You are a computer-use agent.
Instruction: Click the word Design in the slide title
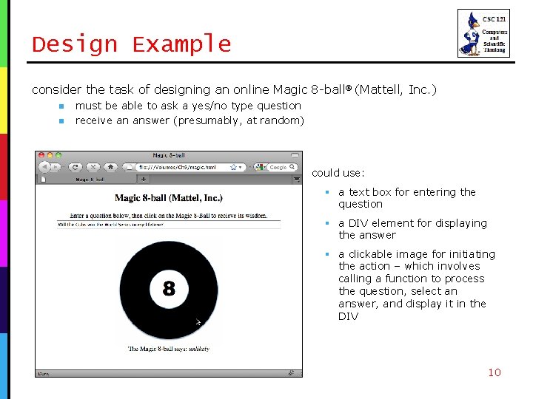75,44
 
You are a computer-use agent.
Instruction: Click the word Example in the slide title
181,44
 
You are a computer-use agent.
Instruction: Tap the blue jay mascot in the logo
470,33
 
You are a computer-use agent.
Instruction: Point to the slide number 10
494,372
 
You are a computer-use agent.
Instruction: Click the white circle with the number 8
169,288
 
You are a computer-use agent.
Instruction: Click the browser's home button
110,167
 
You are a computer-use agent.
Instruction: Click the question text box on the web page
169,223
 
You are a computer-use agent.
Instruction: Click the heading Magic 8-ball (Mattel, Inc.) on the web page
169,198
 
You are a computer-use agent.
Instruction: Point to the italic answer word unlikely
199,348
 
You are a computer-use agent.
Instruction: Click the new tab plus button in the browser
144,178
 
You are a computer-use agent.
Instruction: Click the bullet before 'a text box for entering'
326,192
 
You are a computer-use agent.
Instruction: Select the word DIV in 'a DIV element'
358,223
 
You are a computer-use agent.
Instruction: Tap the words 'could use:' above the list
338,173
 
